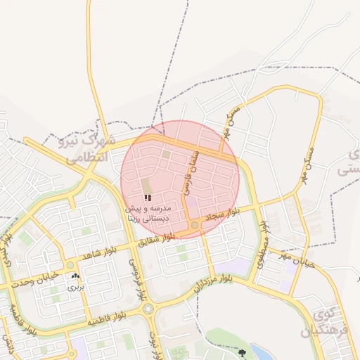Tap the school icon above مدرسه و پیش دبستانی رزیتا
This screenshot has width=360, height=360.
(x=147, y=198)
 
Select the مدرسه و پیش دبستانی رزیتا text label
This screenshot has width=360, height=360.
(x=147, y=214)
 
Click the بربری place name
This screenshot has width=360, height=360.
(x=75, y=287)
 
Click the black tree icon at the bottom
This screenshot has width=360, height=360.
(x=243, y=352)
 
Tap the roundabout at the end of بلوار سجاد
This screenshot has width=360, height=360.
(x=195, y=225)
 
